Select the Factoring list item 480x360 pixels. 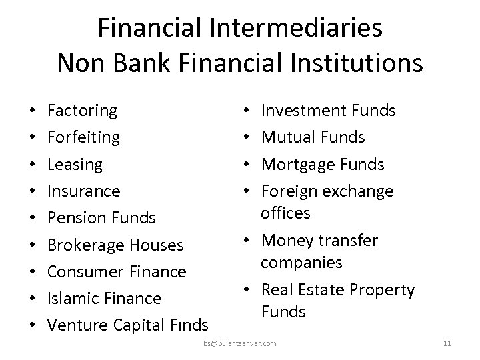[83, 110]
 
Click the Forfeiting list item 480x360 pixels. [85, 137]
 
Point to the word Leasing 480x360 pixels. [76, 164]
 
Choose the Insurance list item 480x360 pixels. [85, 191]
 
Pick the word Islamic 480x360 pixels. [73, 298]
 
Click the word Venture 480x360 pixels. [79, 325]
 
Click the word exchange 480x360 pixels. [357, 191]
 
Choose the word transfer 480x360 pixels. [350, 240]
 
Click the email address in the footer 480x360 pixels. [240, 343]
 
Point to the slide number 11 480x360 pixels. [447, 343]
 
